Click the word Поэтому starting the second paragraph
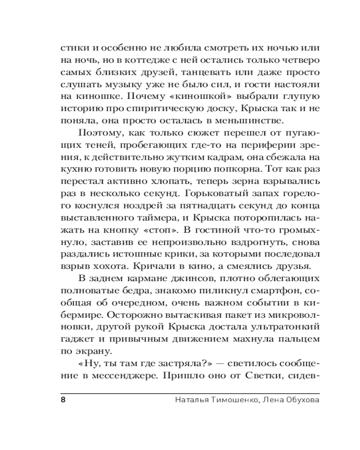97,133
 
